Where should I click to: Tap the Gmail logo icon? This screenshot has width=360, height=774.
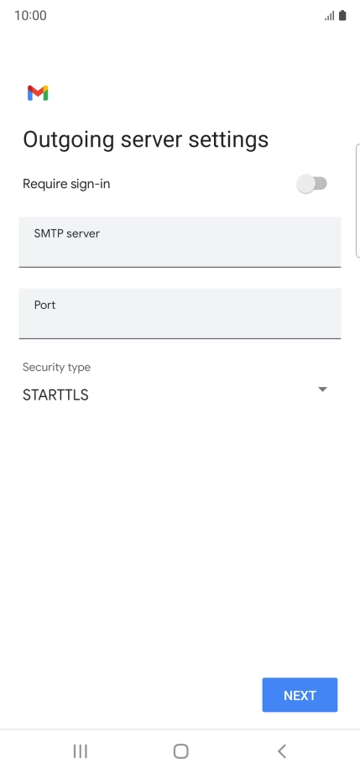click(x=38, y=93)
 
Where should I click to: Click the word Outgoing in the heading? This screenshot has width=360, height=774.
click(x=69, y=140)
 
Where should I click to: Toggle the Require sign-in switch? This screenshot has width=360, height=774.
click(x=311, y=184)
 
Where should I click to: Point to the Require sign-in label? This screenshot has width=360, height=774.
click(x=66, y=184)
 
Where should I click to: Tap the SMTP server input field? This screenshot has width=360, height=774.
click(x=180, y=242)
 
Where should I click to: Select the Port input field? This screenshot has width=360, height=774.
click(x=180, y=313)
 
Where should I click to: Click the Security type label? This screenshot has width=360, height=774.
click(x=57, y=367)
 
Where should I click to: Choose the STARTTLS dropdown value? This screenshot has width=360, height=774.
click(x=55, y=395)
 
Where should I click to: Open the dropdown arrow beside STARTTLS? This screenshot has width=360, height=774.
click(x=322, y=390)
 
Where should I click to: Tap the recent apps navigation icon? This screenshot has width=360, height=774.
click(x=80, y=751)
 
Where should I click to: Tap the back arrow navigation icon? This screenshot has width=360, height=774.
click(x=282, y=751)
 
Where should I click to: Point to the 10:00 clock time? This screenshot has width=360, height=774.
click(x=30, y=16)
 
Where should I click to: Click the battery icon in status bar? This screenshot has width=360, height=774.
click(x=342, y=16)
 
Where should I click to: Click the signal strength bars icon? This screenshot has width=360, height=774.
click(x=329, y=16)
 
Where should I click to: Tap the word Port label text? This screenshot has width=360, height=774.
click(x=44, y=305)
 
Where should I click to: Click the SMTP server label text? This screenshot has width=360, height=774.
click(x=66, y=233)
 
